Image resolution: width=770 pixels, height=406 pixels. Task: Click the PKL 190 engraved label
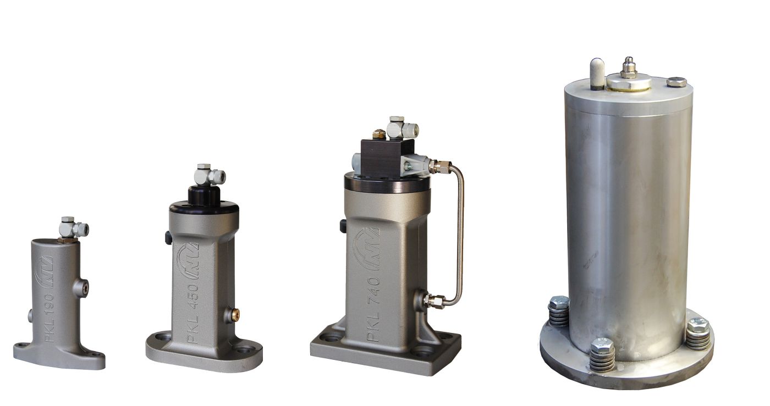50,318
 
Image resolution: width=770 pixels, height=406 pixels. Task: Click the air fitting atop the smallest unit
73,229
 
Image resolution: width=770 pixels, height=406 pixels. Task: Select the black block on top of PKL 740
387,156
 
